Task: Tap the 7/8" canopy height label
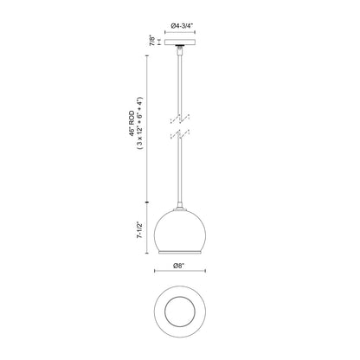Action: point(151,40)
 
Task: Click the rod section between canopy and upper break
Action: point(180,82)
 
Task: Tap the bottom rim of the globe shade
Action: point(180,254)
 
